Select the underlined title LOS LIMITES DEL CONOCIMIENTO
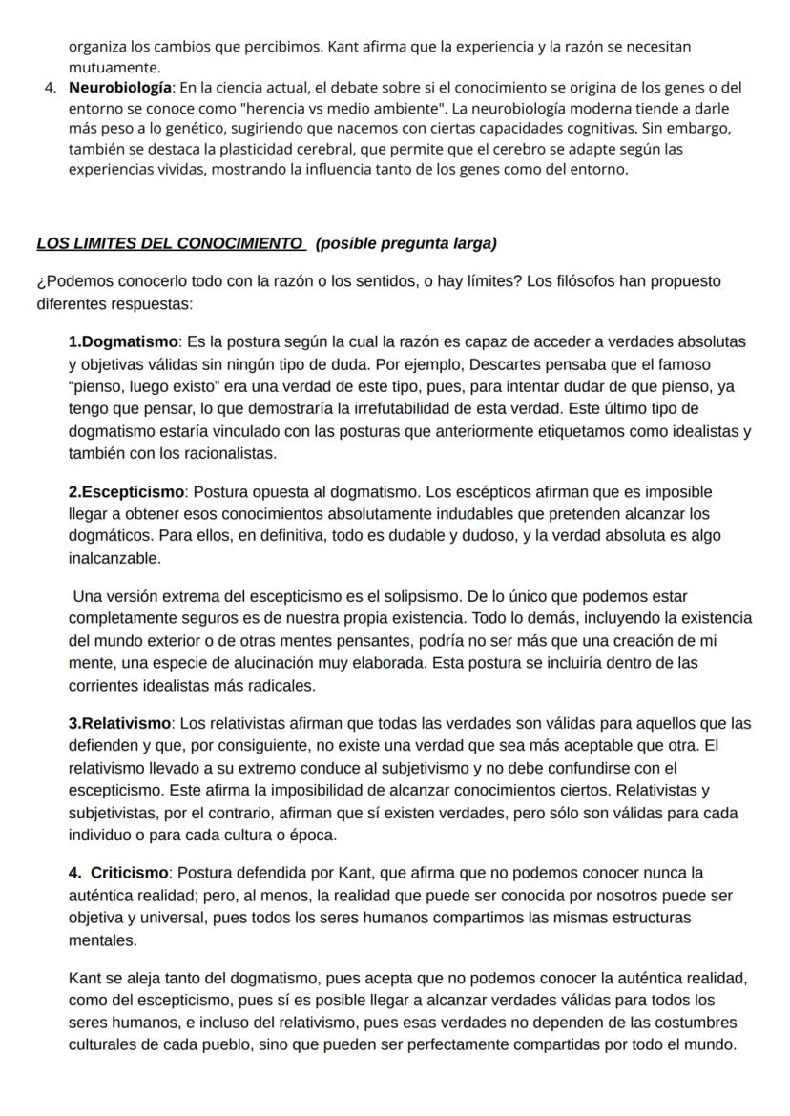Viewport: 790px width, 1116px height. (169, 243)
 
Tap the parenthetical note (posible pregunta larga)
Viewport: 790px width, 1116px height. (405, 243)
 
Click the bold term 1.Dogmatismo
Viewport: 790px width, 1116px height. (123, 341)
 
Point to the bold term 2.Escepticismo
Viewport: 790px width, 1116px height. (126, 492)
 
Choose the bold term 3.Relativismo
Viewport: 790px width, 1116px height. (119, 724)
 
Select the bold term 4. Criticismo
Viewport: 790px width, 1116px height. (118, 873)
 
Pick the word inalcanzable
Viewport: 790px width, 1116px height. (114, 558)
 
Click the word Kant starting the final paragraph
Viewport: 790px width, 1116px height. (85, 979)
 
